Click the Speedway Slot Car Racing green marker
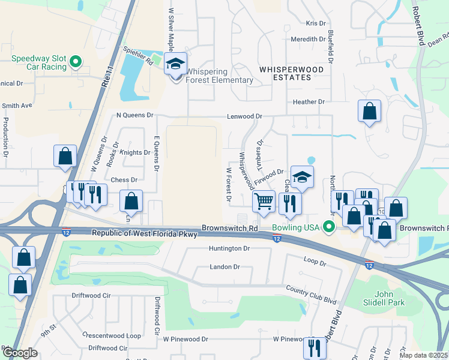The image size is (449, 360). [76, 62]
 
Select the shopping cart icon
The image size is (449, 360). [264, 202]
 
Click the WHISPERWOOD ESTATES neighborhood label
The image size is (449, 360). [291, 74]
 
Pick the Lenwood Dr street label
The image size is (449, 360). [244, 116]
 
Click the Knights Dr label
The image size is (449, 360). [135, 152]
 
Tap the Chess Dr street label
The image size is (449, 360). [124, 179]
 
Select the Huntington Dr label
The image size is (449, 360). [229, 248]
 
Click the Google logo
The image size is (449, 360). [20, 353]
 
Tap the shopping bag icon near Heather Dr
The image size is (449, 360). [370, 111]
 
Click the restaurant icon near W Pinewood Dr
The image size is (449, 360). [315, 347]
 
